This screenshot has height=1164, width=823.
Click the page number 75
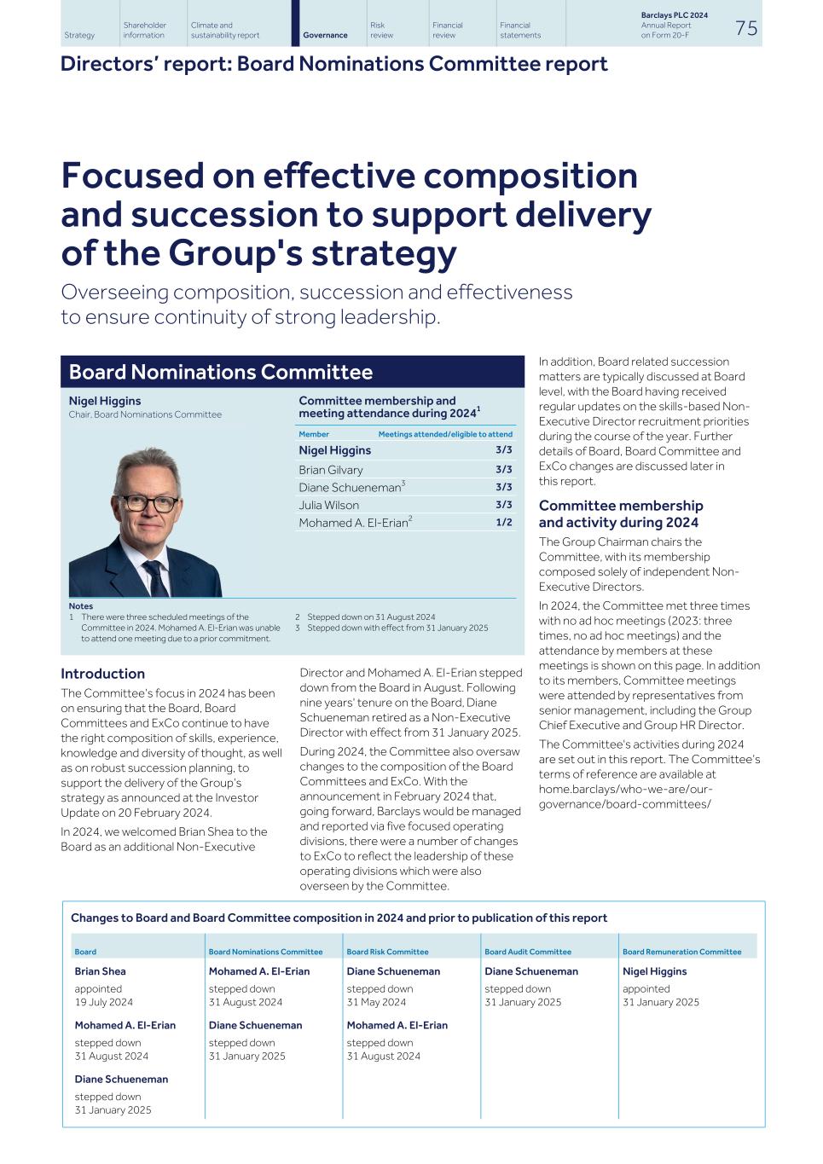tap(745, 28)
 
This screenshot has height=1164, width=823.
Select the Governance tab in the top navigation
tap(325, 35)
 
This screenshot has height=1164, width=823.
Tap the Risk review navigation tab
tap(381, 30)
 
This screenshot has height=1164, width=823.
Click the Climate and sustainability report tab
tap(224, 30)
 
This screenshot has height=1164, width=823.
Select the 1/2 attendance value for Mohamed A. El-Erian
tap(503, 522)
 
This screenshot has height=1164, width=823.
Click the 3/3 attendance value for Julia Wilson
tap(503, 504)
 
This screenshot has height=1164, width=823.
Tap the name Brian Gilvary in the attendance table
tap(330, 469)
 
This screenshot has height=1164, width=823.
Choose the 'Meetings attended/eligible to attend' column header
tap(445, 434)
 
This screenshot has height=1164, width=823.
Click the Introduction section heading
tap(102, 673)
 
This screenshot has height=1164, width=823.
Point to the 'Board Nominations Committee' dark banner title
tap(221, 372)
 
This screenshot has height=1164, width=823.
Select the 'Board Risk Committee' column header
tap(387, 952)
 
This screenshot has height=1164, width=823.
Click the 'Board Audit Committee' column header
tap(527, 952)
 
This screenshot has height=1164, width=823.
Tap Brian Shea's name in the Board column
tap(100, 970)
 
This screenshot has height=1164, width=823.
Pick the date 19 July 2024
tap(103, 1002)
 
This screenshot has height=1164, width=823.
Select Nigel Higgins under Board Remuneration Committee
tap(654, 970)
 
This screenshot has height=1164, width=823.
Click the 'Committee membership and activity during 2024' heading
tap(620, 513)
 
